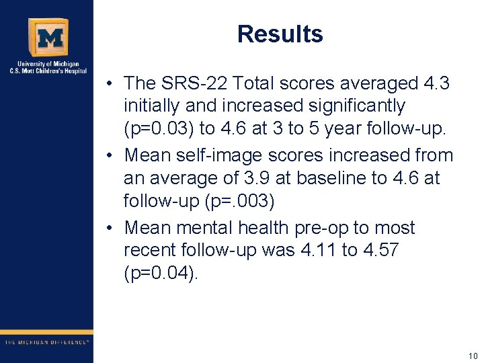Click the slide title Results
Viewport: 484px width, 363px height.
(x=280, y=34)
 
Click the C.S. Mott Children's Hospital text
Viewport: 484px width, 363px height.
(x=47, y=70)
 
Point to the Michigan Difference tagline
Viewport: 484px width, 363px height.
(x=47, y=342)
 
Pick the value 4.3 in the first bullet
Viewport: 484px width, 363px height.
(x=436, y=83)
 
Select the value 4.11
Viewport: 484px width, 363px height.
(x=316, y=250)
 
